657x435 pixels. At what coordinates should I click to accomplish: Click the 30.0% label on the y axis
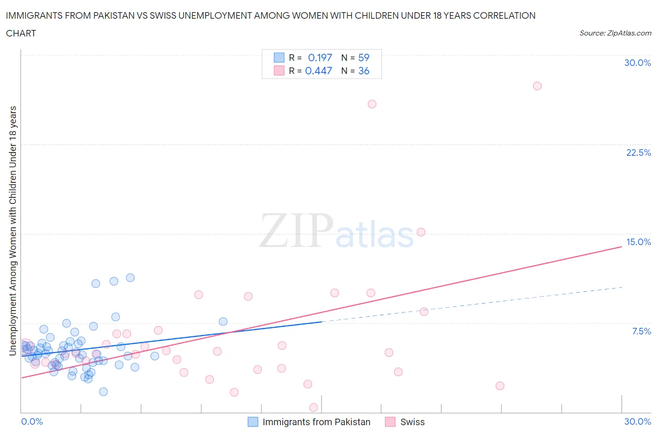pos(637,63)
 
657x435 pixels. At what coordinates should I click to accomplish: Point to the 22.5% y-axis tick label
pos(638,152)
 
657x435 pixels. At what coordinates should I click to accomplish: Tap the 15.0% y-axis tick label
pos(638,242)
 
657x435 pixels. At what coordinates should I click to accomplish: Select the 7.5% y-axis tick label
pos(641,331)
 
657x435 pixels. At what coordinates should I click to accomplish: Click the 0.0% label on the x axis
pos(32,421)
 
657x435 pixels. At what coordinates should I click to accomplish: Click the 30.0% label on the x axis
pos(637,421)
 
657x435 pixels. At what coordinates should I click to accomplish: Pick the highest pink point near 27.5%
pos(537,86)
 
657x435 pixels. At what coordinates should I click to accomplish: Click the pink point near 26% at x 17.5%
pos(372,104)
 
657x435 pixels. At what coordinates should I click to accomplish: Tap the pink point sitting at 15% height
pos(421,232)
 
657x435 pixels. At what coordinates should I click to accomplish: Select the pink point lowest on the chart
pos(314,407)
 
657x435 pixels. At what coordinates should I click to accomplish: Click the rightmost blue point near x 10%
pos(223,321)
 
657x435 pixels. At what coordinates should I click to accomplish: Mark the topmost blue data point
pos(130,278)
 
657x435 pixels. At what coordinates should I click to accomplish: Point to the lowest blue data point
pos(103,391)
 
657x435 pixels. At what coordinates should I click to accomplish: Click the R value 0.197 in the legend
pos(320,58)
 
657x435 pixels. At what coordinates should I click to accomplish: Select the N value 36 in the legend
pos(364,71)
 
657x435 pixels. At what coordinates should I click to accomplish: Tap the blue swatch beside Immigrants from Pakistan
pos(253,422)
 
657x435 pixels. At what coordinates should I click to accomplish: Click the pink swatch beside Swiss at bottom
pos(390,422)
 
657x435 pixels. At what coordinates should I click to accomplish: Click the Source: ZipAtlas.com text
pos(615,33)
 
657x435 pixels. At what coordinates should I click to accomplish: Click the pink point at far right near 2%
pos(500,386)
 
